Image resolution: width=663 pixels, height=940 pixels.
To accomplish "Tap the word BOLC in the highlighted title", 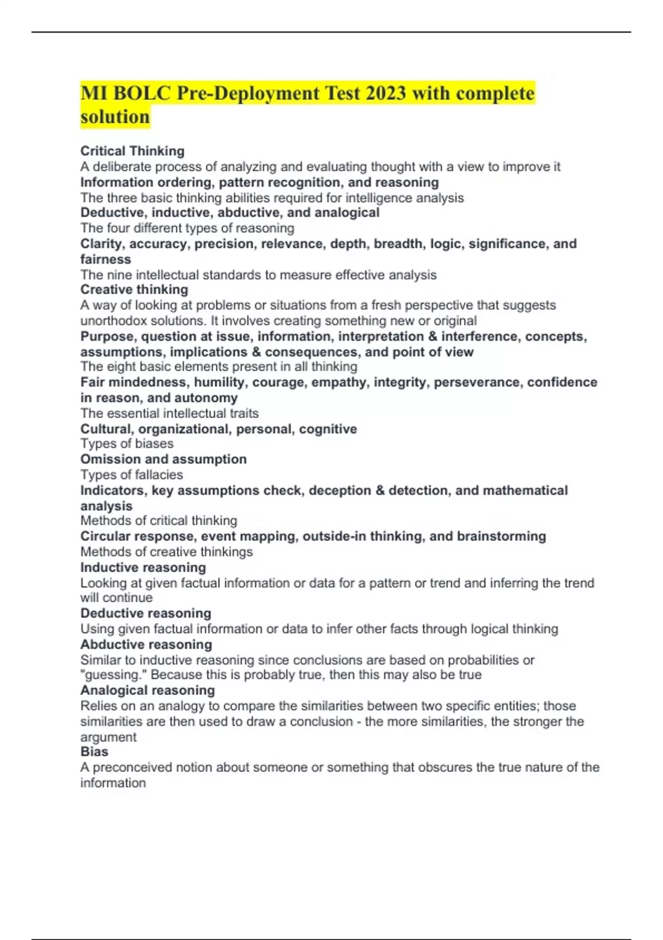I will point(142,93).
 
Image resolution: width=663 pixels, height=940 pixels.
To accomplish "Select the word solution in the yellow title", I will point(115,117).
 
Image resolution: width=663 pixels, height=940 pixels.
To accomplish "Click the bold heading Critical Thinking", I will point(133,151).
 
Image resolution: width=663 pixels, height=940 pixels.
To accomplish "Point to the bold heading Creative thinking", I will point(134,289).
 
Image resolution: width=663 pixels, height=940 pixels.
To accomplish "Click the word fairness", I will point(106,259).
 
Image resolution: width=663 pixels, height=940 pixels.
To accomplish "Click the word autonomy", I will point(206,398).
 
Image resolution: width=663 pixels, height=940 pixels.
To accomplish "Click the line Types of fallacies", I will point(131,474).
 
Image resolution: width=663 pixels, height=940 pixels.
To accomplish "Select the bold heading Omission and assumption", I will point(164,459).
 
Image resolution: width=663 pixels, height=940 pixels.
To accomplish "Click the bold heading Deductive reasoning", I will point(146,613).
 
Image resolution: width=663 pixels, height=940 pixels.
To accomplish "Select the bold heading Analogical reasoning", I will point(148,690).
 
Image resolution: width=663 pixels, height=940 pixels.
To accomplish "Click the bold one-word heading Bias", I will point(94,751).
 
